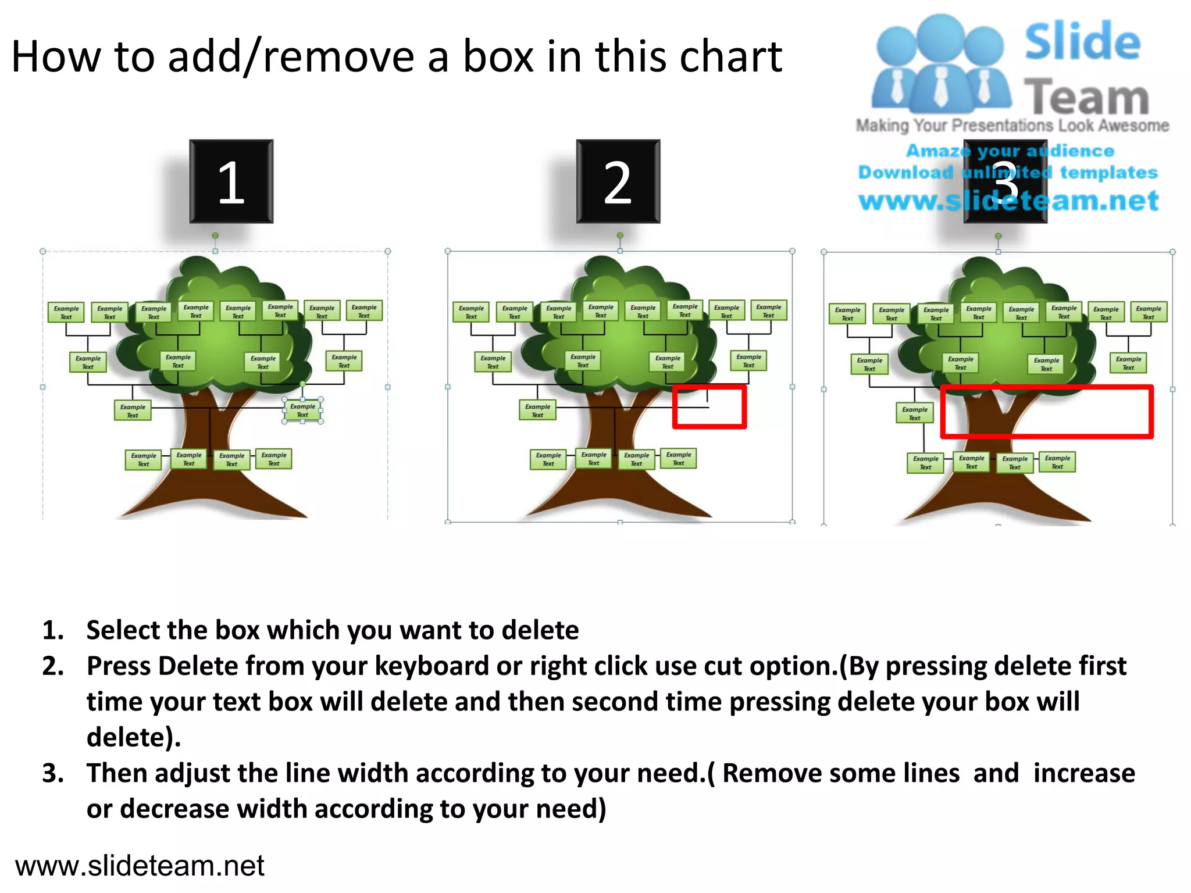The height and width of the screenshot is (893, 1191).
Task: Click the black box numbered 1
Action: tap(231, 181)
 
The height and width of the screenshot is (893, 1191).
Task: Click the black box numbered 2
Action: tap(618, 181)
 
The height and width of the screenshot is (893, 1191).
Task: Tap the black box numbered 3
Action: tap(1005, 181)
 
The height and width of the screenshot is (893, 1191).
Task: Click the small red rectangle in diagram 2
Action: tap(709, 406)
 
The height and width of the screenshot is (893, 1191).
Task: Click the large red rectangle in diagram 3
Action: tap(1046, 411)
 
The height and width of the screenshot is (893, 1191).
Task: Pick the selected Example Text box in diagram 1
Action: tap(302, 410)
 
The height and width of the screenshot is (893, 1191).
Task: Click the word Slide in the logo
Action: tap(1082, 42)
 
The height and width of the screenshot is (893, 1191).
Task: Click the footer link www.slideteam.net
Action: tap(140, 866)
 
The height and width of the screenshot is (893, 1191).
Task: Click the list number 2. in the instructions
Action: tap(53, 666)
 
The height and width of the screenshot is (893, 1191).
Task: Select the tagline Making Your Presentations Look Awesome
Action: tap(1012, 126)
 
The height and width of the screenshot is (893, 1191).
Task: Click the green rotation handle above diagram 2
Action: tap(620, 235)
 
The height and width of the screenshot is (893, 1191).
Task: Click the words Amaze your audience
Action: tap(1010, 151)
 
